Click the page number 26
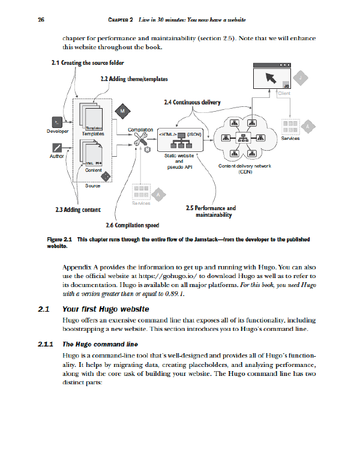click(x=40, y=21)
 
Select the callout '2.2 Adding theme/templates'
click(x=133, y=79)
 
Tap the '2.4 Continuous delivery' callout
click(x=191, y=102)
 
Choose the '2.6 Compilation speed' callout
click(x=132, y=225)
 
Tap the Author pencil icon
click(x=57, y=148)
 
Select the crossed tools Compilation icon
click(x=142, y=141)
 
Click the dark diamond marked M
click(x=122, y=111)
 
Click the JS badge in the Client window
click(x=286, y=85)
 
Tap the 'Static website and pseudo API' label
click(x=179, y=162)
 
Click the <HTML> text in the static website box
click(x=167, y=133)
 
